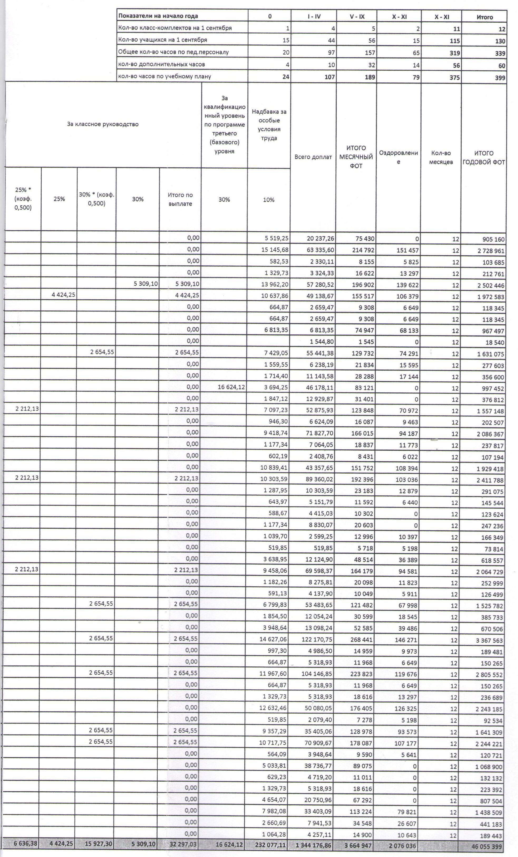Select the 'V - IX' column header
click(x=357, y=16)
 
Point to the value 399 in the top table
click(x=500, y=77)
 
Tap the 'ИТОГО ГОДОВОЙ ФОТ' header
click(x=483, y=158)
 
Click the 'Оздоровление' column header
click(x=398, y=157)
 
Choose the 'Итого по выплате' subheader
click(x=180, y=199)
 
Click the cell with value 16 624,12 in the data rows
click(x=231, y=387)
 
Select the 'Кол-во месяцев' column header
click(x=441, y=158)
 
